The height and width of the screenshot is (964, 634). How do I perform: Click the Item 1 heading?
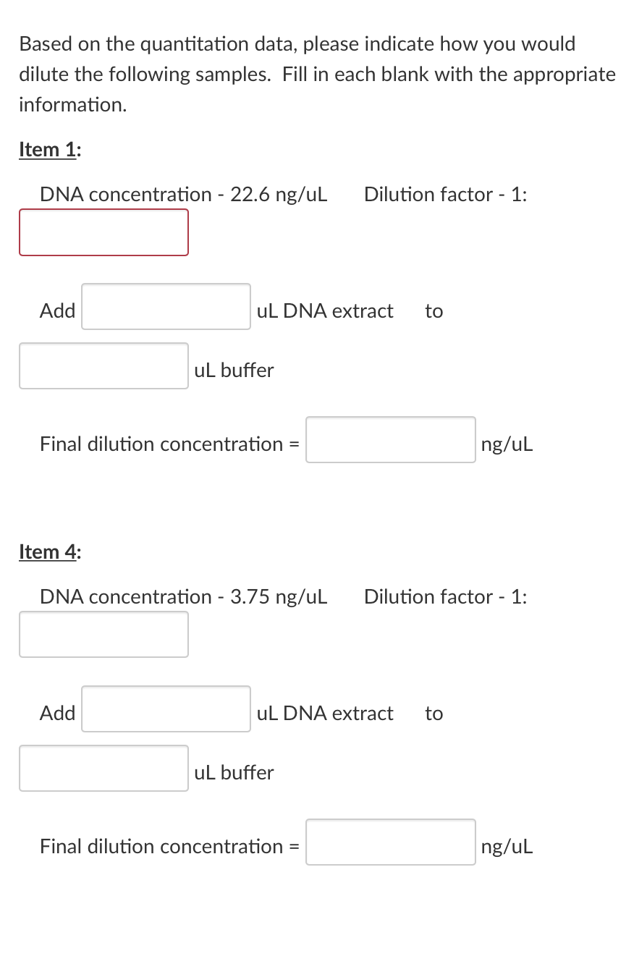(x=50, y=150)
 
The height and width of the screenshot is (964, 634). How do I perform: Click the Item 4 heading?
(x=50, y=552)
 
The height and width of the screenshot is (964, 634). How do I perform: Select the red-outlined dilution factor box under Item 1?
(x=103, y=232)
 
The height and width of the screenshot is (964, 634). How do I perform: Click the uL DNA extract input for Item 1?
(x=166, y=306)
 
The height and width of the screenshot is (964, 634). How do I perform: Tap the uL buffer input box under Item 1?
(x=103, y=365)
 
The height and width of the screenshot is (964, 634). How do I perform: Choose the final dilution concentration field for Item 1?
(x=390, y=439)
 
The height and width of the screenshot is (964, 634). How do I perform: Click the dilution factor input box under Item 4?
(x=103, y=635)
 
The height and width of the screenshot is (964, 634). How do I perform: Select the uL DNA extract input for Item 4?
(x=166, y=709)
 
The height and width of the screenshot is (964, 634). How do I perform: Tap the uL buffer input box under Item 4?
(x=103, y=768)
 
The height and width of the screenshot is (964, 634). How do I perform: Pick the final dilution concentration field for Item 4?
(x=390, y=842)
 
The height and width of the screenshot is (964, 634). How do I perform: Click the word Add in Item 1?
(x=58, y=311)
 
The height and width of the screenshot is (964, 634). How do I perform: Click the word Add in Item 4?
(x=58, y=714)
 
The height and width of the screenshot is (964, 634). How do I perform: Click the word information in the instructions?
(x=72, y=105)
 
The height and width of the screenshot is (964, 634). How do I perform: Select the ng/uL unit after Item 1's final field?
(x=507, y=444)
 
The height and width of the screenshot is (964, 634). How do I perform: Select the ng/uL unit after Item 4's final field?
(x=507, y=847)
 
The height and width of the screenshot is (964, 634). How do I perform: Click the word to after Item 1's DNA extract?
(x=434, y=311)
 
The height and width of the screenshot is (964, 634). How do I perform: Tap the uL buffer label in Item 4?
(x=234, y=773)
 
